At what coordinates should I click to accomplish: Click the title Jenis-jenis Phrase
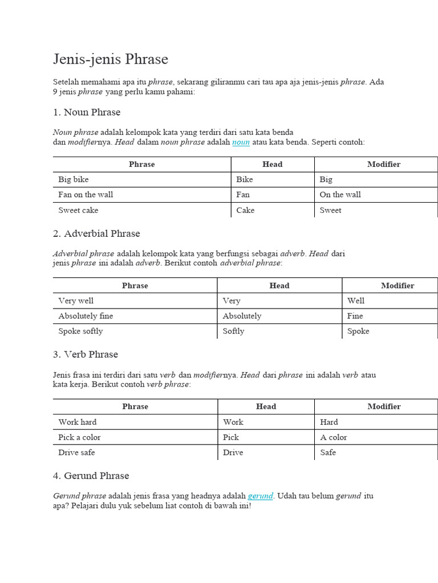pos(111,59)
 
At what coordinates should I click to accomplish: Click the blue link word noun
pos(241,142)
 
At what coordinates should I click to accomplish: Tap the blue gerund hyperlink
pos(260,496)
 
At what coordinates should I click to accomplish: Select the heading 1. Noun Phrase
pos(87,112)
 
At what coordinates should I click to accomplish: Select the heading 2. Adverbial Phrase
pos(96,233)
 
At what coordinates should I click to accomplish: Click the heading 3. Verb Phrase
pos(86,354)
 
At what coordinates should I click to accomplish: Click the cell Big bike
pos(74,179)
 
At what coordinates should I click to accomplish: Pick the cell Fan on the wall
pos(86,195)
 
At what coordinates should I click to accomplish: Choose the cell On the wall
pos(340,195)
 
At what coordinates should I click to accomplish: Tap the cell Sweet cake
pos(78,210)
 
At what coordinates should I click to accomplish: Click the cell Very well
pos(76,301)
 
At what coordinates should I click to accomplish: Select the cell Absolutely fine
pos(86,316)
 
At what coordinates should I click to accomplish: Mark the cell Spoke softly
pos(80,331)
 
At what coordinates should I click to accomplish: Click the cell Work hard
pos(78,422)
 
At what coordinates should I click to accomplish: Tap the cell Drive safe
pos(76,453)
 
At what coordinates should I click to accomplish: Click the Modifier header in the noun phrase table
pos(384,165)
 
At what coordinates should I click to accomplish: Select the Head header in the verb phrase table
pos(266,407)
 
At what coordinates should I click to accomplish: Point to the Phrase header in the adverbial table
pos(135,286)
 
